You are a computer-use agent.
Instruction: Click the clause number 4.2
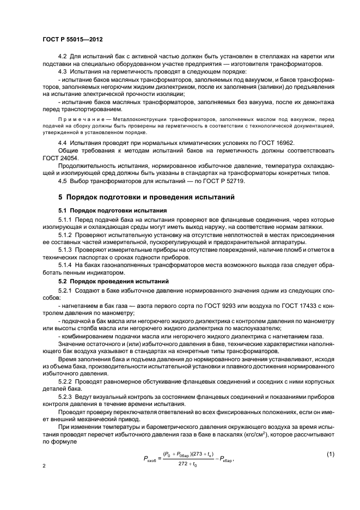[62, 57]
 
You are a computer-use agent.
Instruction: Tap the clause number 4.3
[62, 71]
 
